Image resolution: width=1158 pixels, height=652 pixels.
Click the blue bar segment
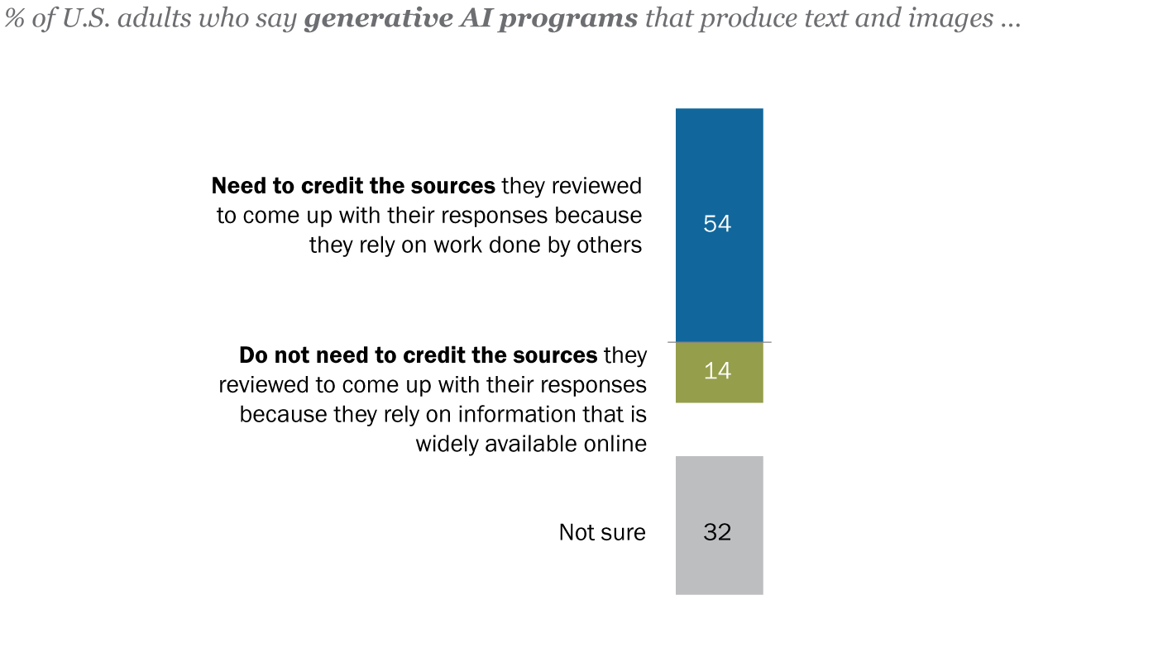click(719, 165)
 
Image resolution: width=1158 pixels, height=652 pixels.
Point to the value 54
click(717, 224)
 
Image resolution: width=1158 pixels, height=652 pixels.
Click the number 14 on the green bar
click(717, 371)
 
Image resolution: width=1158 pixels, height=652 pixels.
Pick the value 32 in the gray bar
click(717, 532)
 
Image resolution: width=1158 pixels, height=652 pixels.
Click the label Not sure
click(602, 532)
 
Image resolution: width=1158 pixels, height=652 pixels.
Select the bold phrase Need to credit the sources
click(353, 186)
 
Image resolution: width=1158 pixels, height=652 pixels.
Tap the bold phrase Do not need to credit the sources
click(418, 355)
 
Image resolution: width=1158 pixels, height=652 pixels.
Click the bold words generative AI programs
click(471, 19)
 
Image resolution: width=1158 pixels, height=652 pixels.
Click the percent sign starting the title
click(13, 19)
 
